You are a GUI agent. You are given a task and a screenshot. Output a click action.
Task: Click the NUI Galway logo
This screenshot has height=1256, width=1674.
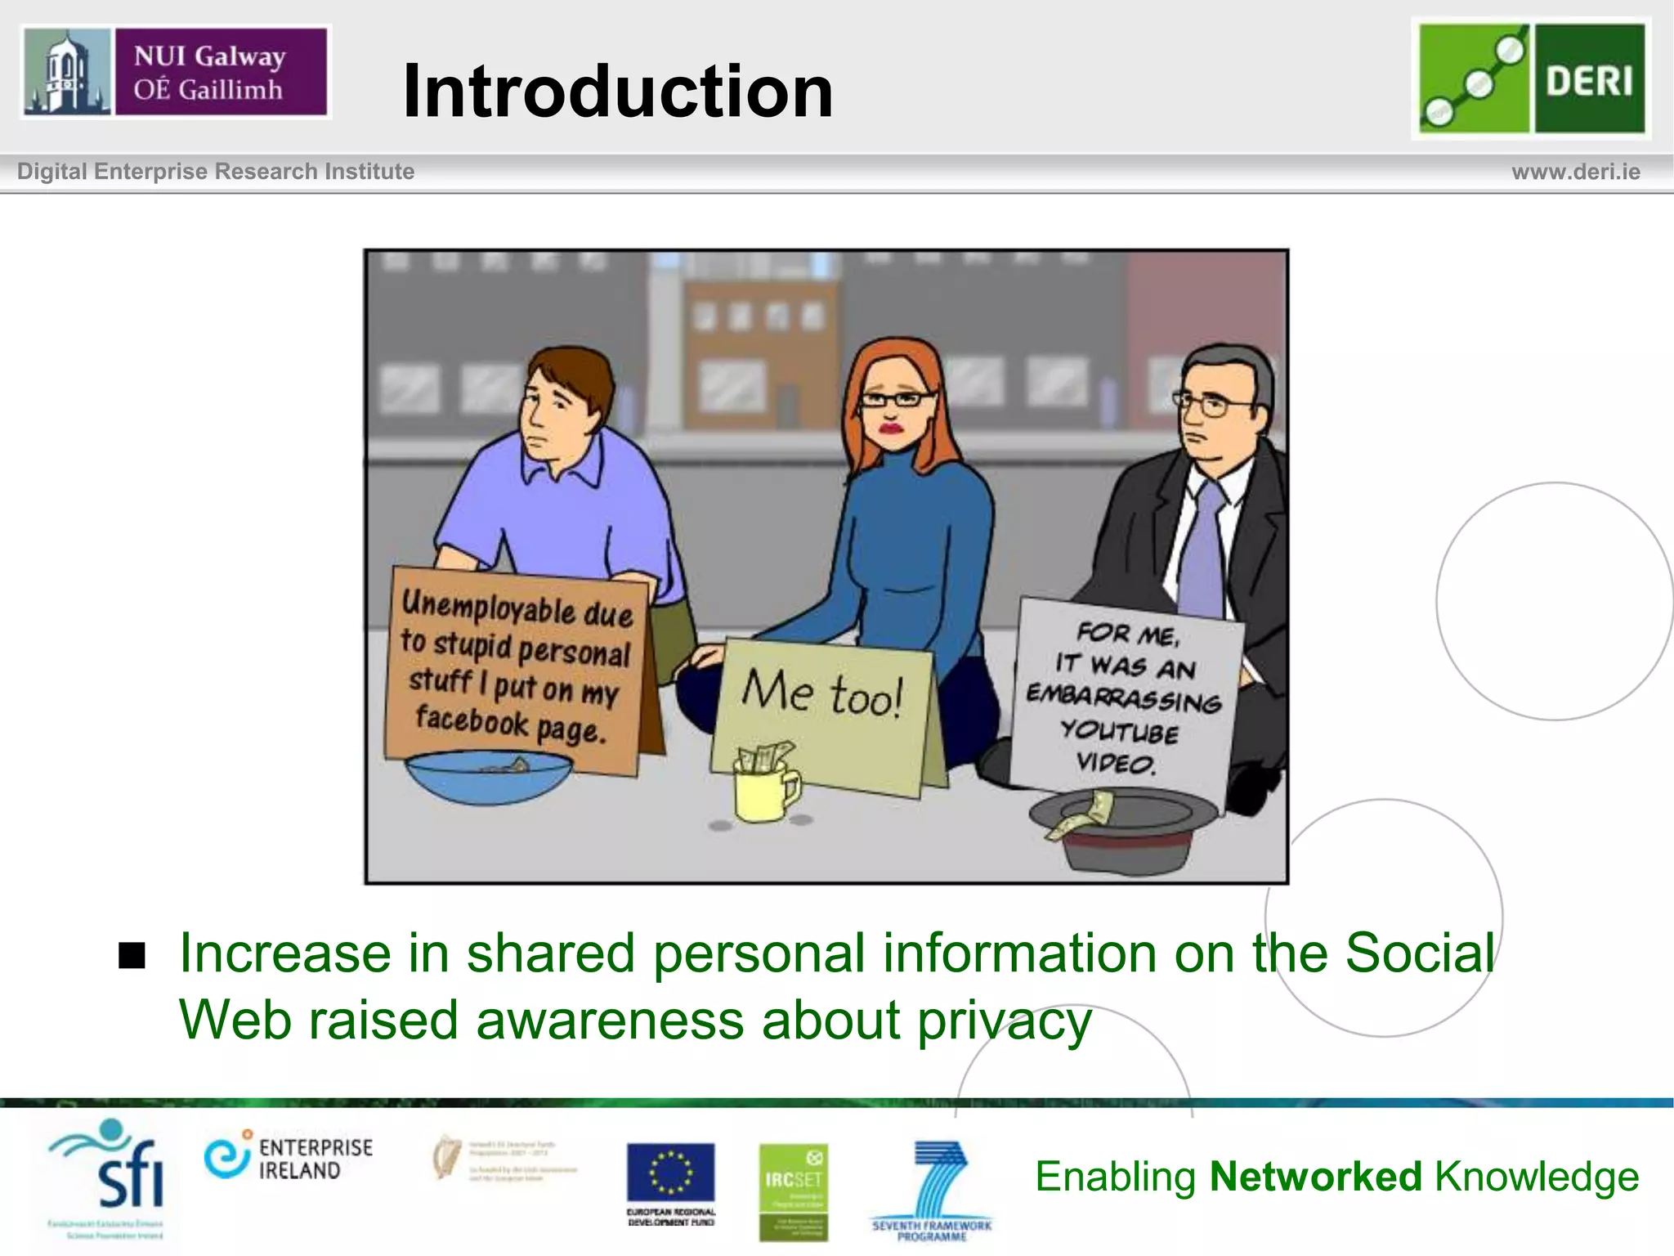tap(175, 72)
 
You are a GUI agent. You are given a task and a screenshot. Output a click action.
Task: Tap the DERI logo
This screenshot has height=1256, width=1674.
tap(1531, 78)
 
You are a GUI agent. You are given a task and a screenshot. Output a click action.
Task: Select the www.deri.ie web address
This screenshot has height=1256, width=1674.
tap(1575, 172)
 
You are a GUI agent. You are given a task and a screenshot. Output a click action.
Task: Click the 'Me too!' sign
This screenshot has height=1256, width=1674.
tap(822, 695)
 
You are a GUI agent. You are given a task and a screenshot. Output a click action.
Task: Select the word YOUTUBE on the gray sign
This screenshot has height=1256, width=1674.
tap(1120, 731)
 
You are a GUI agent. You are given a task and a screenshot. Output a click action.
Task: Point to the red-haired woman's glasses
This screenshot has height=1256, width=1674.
tap(896, 400)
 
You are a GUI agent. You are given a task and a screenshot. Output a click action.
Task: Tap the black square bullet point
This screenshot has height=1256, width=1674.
tap(132, 955)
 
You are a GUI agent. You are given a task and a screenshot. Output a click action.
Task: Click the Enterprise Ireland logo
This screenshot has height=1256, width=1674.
tap(289, 1159)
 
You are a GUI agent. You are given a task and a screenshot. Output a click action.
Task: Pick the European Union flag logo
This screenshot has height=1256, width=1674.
tap(670, 1174)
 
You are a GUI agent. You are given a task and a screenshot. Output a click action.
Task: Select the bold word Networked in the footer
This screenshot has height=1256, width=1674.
tap(1315, 1177)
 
